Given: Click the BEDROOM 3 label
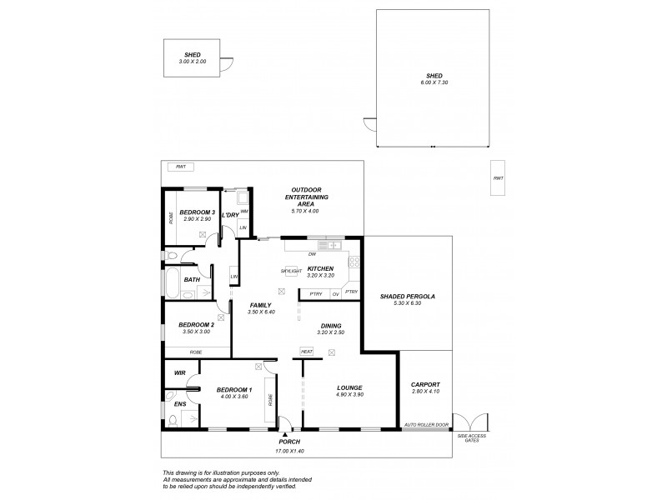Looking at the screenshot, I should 197,212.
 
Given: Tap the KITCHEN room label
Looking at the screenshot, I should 320,268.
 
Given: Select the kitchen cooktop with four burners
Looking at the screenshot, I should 354,262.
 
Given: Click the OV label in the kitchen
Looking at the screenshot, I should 335,293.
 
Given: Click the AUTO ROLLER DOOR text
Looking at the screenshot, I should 425,425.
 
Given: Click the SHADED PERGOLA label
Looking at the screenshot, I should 408,297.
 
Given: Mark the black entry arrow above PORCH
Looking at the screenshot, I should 286,434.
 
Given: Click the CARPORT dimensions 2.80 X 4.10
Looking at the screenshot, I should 425,391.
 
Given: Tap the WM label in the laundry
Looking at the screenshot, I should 243,211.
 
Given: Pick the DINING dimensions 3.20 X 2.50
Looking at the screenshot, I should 330,332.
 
